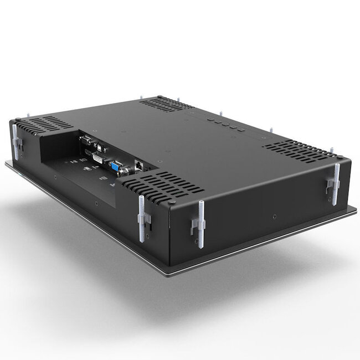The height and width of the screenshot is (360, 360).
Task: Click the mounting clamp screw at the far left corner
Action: point(15,141)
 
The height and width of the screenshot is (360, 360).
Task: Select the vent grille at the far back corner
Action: point(166,104)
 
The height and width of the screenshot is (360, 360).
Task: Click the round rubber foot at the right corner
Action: point(339,158)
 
